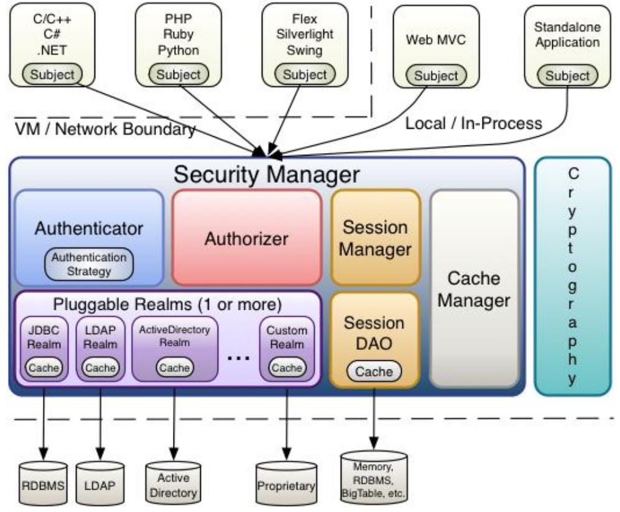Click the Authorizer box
click(x=246, y=238)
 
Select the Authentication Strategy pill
click(x=90, y=264)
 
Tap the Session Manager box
click(x=375, y=238)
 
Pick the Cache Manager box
click(x=474, y=289)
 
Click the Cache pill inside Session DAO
click(x=374, y=371)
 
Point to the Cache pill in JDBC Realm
click(x=44, y=367)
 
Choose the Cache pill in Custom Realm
click(x=287, y=367)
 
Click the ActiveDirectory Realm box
click(x=175, y=349)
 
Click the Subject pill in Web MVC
click(x=436, y=76)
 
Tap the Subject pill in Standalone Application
click(x=567, y=76)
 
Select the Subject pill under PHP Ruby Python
click(x=178, y=75)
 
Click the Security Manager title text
click(x=266, y=174)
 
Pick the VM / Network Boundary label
click(x=104, y=129)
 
